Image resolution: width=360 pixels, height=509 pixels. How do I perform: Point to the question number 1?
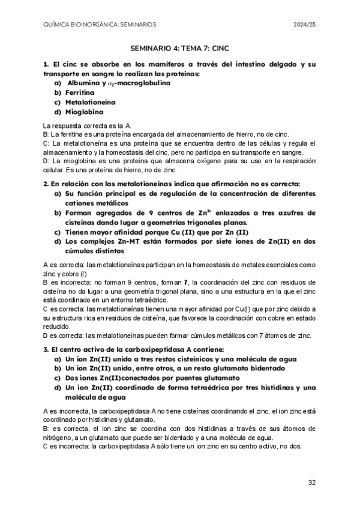click(x=46, y=64)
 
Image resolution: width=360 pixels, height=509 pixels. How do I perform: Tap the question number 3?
click(x=46, y=349)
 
